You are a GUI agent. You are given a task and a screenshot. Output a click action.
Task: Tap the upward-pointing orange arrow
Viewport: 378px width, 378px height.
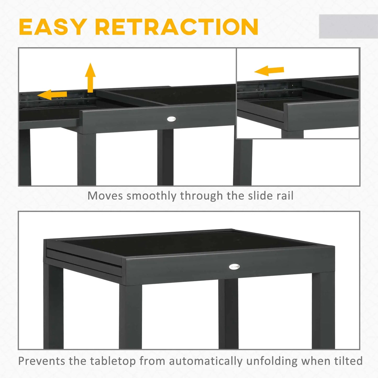(90, 77)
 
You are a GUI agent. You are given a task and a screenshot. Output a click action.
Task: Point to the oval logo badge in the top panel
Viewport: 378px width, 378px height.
(171, 119)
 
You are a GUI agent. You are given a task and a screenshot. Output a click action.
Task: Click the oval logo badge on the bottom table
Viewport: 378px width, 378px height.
(234, 267)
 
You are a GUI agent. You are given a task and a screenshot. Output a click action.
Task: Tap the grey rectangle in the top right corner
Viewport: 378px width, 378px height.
(348, 26)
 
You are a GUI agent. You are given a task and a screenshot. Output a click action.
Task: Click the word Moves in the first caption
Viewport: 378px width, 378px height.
(105, 196)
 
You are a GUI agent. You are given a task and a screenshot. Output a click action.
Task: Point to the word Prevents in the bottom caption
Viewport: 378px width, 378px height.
(42, 361)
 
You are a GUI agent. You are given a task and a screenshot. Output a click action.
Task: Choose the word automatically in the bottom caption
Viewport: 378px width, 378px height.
(206, 361)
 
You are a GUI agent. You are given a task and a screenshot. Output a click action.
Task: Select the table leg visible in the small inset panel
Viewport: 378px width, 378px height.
(292, 134)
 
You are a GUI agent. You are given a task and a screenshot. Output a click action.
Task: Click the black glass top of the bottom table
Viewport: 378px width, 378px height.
(188, 242)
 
